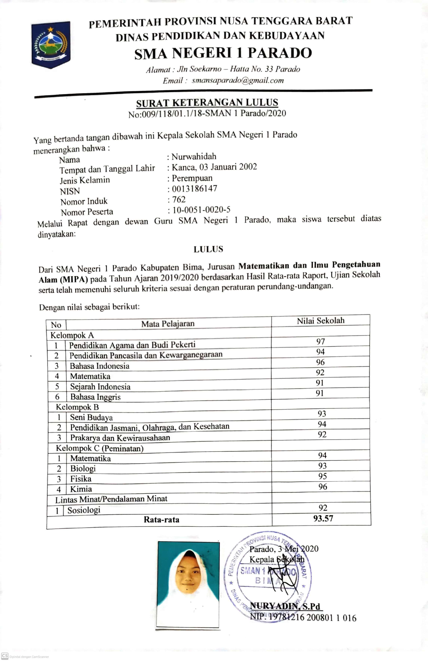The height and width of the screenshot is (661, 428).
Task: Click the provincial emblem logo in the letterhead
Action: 51,44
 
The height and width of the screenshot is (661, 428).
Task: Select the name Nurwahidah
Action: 194,157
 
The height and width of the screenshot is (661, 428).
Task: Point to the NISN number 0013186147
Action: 194,189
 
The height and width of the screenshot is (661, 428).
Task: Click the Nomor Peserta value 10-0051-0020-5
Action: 201,210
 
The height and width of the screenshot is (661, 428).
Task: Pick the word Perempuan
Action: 192,178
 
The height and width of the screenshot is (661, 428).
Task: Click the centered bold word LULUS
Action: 208,249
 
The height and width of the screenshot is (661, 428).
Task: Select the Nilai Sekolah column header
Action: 321,321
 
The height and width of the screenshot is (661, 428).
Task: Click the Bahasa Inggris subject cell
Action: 95,397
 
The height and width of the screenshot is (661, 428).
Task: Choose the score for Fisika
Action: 322,476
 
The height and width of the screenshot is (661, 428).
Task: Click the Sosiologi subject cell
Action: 84,510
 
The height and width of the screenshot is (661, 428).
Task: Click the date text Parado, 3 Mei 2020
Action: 284,549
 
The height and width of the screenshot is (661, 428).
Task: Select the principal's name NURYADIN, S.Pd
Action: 285,607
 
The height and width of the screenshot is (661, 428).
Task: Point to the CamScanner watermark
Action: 25,657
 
